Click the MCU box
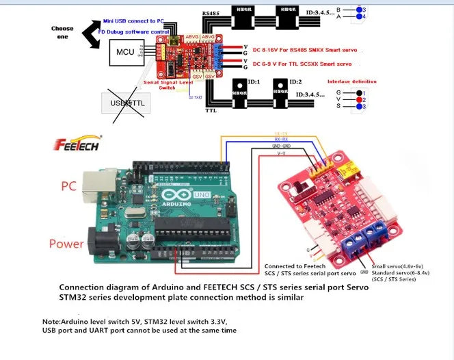(125, 52)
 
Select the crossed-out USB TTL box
(129, 103)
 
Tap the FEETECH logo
(77, 144)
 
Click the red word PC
(68, 185)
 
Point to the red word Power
(66, 244)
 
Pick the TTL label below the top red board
(211, 110)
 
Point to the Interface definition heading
(351, 81)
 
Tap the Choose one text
(62, 33)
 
